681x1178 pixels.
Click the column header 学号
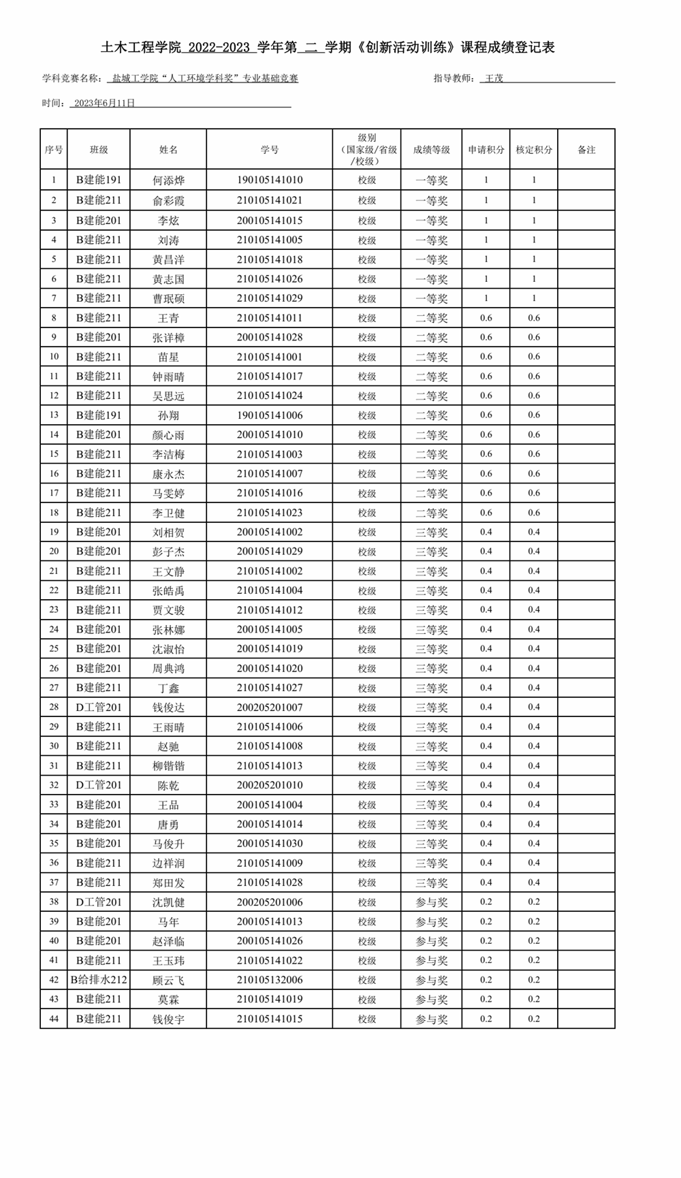(270, 150)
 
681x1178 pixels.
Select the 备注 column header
(586, 150)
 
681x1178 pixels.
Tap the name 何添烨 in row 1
(168, 180)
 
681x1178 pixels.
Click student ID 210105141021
(270, 200)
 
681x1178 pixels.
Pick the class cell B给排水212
(99, 980)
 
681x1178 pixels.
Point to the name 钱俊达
(168, 707)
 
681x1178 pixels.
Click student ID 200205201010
(270, 785)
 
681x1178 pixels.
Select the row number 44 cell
(54, 1019)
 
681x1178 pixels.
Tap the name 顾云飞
(168, 980)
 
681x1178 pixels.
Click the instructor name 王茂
(494, 78)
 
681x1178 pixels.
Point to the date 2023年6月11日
(104, 104)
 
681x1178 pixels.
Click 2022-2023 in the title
(219, 48)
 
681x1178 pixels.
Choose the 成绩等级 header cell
(431, 150)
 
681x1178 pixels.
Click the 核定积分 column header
(534, 150)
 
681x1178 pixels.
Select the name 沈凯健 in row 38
(168, 902)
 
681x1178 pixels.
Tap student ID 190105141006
(270, 415)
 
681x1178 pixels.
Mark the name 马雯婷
(168, 493)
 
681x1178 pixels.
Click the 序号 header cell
(54, 150)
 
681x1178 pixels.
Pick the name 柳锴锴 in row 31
(168, 765)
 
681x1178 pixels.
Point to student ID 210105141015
(270, 1019)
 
